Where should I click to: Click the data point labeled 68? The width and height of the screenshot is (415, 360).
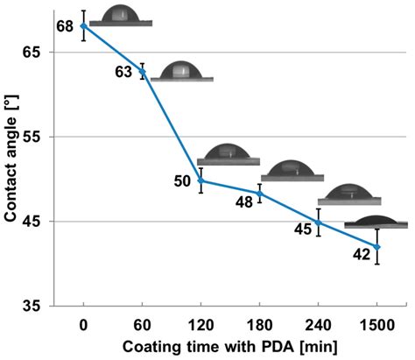83,26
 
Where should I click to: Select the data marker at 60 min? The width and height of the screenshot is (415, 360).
142,71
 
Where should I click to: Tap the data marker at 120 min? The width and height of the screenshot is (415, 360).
201,180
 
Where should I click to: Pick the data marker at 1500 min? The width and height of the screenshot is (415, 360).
376,247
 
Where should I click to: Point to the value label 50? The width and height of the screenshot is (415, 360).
182,181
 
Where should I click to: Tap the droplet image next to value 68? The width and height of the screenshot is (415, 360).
120,16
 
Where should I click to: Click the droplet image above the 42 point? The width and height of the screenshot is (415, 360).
376,222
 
